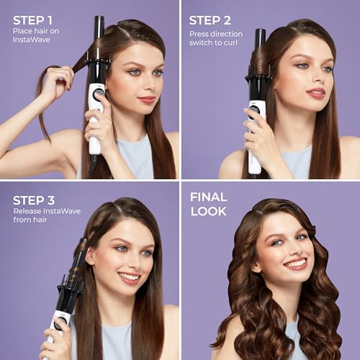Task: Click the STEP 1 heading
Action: click(33, 19)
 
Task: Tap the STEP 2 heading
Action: click(210, 19)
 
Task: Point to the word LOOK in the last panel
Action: click(208, 211)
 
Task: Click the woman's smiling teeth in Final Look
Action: click(295, 264)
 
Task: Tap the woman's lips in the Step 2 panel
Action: click(316, 93)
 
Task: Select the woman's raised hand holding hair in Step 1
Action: click(53, 79)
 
